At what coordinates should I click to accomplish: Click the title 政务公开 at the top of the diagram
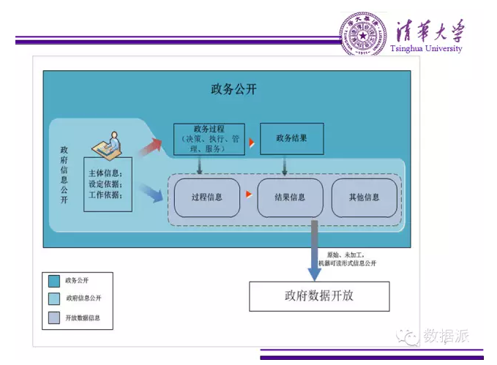pos(233,89)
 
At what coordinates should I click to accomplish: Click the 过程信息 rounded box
pos(206,197)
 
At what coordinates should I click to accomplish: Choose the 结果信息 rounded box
pos(290,197)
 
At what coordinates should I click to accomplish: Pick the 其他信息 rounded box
pos(365,197)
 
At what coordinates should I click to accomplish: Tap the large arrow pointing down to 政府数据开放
pos(314,252)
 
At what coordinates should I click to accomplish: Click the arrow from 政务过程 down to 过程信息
pos(200,166)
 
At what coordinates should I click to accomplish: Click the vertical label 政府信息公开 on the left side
pos(64,176)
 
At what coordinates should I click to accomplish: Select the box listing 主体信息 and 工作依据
pos(108,184)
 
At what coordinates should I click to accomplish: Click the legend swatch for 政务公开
pos(53,280)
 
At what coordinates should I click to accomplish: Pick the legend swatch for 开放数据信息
pos(53,317)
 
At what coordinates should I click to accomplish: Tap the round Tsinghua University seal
pos(362,34)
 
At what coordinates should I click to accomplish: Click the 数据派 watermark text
pos(445,336)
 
